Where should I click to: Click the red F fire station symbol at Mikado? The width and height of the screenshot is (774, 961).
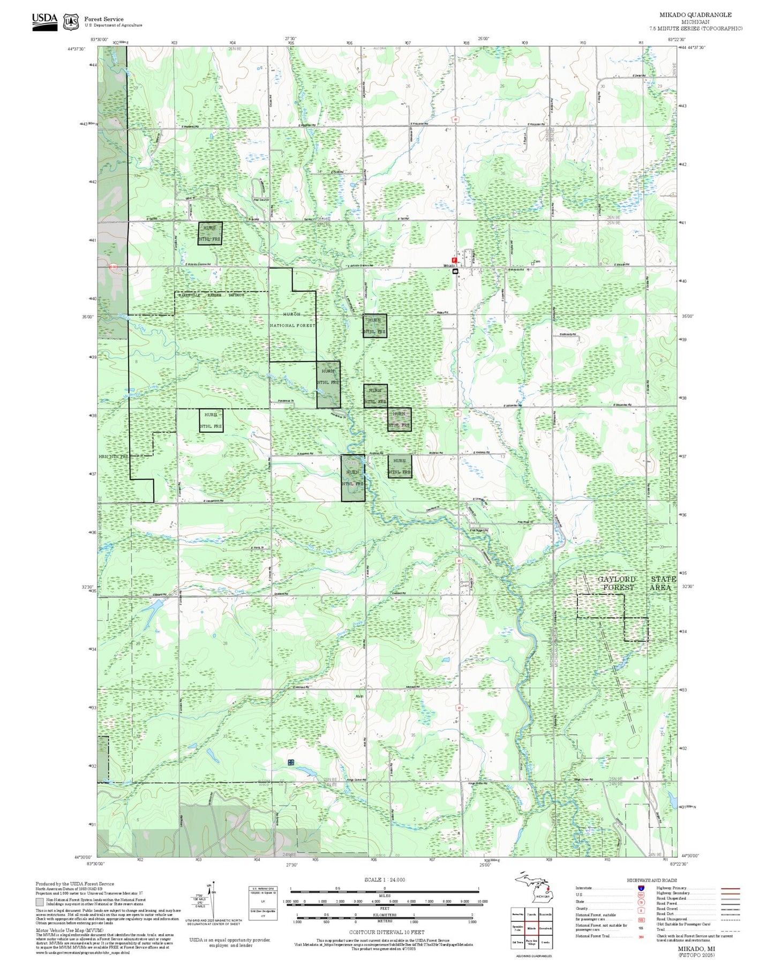pos(454,260)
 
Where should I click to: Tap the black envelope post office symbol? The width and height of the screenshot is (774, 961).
pos(455,272)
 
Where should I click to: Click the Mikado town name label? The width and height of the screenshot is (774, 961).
pos(448,266)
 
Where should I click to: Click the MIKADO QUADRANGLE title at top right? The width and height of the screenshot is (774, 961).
pos(695,15)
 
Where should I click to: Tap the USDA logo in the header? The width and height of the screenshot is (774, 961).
pos(44,21)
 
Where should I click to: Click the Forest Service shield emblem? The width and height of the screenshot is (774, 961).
pos(71,22)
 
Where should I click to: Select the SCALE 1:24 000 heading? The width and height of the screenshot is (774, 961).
pos(385,880)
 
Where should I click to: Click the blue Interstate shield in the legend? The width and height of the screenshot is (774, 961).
pos(641,888)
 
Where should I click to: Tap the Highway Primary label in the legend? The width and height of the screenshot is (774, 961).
pos(671,888)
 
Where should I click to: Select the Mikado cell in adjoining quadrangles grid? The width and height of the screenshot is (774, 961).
pos(531,928)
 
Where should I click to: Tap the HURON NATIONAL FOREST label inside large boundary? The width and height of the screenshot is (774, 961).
pos(292,319)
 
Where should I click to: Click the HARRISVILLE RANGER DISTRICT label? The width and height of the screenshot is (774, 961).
pos(211,295)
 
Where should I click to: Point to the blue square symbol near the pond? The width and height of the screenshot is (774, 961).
pos(291,762)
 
